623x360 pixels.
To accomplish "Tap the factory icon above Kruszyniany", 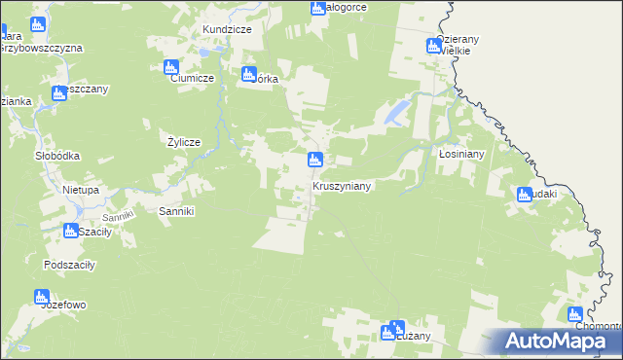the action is [314, 160].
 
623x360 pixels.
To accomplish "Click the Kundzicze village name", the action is [227, 30].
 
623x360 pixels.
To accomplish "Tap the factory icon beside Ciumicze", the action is [171, 67].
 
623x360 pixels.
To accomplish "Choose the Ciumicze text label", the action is [192, 80].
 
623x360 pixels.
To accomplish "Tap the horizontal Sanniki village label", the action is [177, 210].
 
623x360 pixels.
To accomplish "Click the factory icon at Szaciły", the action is [71, 232].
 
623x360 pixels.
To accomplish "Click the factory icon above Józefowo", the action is [41, 297].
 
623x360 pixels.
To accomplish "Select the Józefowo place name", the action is [64, 305].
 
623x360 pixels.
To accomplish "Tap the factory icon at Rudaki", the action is [525, 195].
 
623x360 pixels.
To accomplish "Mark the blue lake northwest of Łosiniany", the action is [395, 115].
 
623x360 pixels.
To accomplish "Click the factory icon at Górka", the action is [247, 74].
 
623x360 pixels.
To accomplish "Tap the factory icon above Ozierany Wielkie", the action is [434, 46].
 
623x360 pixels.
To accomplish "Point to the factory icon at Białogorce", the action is [318, 9].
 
